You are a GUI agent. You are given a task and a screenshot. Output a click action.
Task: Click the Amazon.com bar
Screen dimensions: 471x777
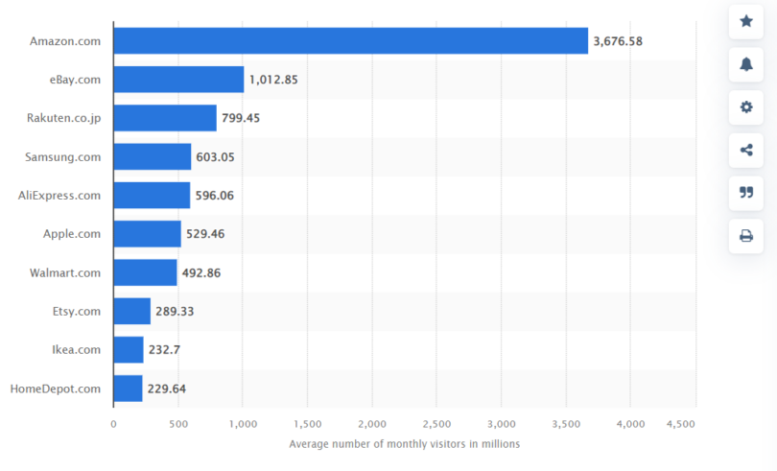[350, 40]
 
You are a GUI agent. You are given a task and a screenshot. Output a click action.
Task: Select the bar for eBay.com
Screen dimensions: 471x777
[178, 80]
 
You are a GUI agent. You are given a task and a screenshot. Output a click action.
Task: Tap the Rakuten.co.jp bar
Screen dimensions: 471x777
[165, 118]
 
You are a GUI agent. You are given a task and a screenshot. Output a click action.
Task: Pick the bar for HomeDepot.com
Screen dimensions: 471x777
[128, 389]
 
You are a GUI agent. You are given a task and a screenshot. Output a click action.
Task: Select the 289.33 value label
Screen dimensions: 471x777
[175, 312]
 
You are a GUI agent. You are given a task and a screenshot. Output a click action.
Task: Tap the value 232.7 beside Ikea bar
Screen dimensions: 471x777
[164, 350]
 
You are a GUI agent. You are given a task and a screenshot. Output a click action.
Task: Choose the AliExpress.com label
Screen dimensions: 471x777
[59, 196]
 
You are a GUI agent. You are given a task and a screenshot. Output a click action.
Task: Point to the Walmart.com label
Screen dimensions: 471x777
[65, 272]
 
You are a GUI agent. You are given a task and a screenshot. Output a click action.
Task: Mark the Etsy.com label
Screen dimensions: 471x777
[77, 312]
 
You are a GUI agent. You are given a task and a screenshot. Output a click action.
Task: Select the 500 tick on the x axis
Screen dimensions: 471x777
[177, 423]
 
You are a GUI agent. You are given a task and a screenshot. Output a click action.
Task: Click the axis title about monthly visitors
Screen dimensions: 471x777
[404, 444]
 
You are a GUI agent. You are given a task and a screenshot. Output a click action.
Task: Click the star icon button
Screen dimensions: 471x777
[745, 21]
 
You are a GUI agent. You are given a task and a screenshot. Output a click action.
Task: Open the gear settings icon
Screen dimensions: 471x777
[745, 106]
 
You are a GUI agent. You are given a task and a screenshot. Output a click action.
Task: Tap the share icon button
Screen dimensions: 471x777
[745, 150]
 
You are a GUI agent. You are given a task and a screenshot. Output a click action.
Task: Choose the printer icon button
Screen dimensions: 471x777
[745, 236]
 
